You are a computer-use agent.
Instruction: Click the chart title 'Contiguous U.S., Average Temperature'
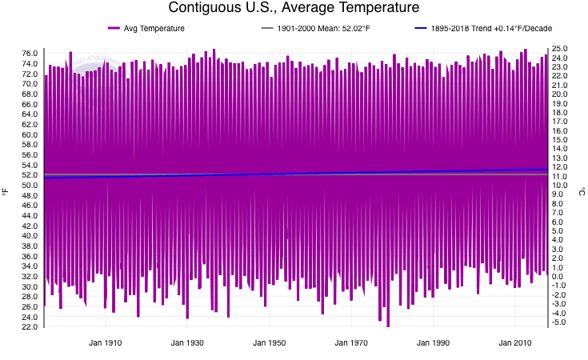[x=294, y=8]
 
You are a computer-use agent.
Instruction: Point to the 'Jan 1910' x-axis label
[x=105, y=343]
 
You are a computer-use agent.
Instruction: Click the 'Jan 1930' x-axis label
[x=187, y=343]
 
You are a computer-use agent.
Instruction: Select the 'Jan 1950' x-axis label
[x=270, y=343]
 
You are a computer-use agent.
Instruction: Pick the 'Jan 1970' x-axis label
[x=351, y=343]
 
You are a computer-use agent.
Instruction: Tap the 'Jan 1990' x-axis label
[x=434, y=343]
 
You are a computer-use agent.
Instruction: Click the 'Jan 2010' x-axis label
[x=515, y=343]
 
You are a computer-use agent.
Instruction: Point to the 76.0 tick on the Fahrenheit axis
[x=30, y=54]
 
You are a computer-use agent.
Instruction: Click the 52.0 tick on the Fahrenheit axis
[x=30, y=175]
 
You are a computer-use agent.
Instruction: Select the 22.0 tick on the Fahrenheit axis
[x=30, y=327]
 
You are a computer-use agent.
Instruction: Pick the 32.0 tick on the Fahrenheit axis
[x=30, y=277]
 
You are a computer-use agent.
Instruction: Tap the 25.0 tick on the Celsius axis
[x=560, y=49]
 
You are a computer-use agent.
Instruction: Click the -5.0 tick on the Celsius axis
[x=560, y=322]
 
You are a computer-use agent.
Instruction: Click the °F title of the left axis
[x=6, y=192]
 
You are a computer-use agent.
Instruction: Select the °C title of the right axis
[x=582, y=192]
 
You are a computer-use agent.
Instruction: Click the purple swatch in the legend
[x=114, y=29]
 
